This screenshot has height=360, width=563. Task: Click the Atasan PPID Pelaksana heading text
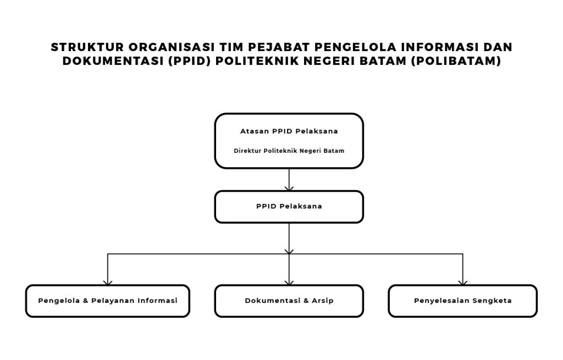289,131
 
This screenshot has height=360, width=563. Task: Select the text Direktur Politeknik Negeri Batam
289,151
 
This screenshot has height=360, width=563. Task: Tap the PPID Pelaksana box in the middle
289,207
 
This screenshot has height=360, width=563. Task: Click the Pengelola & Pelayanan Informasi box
108,301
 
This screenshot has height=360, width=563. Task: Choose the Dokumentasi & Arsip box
289,301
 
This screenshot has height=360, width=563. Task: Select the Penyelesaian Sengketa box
462,301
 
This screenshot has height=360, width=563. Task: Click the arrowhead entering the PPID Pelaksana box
289,188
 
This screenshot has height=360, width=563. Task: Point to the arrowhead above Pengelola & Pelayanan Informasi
108,282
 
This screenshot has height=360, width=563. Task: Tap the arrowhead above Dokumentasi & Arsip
289,282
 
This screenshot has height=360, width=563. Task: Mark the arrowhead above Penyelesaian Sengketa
462,282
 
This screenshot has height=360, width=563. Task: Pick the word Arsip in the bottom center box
322,301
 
